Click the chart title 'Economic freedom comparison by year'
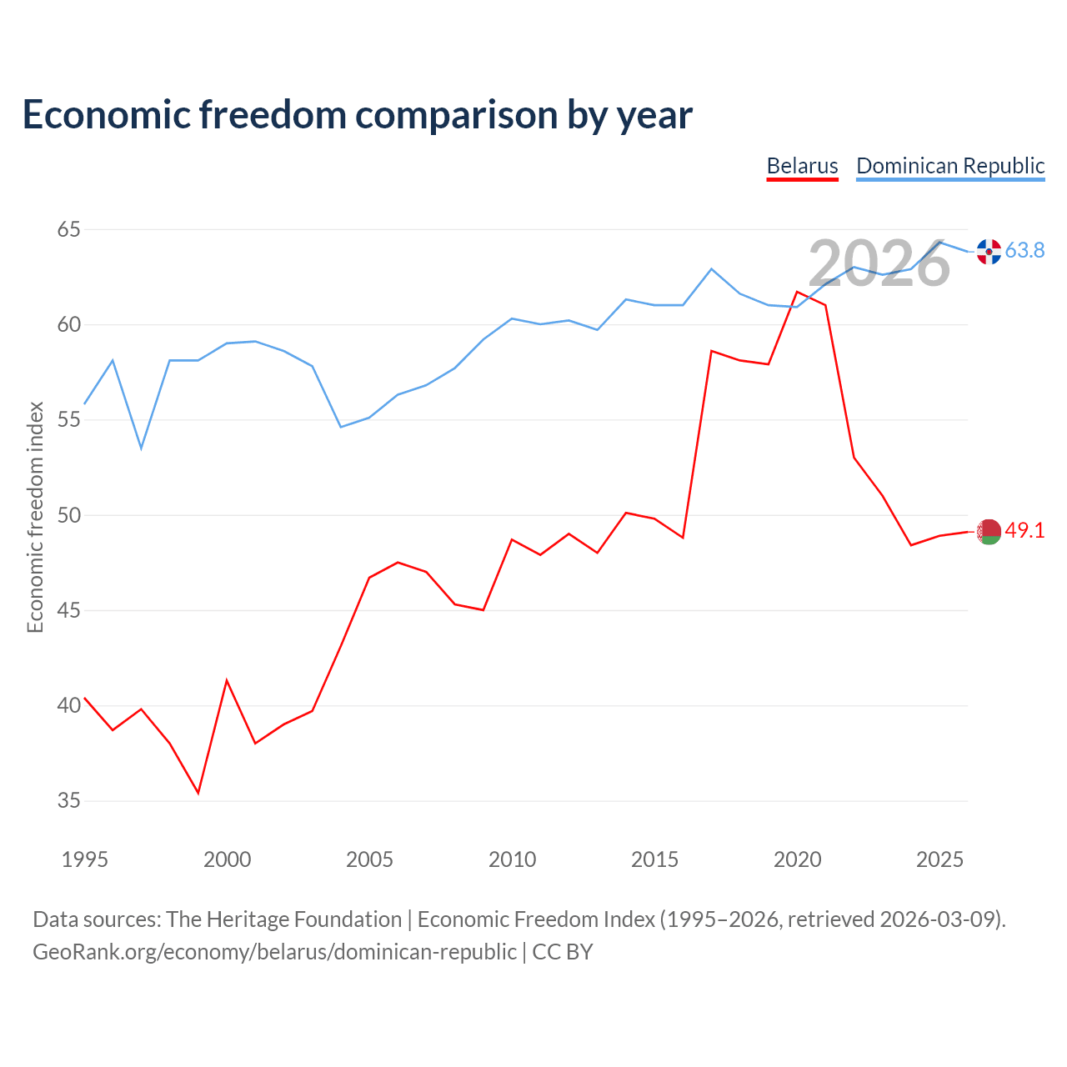click(357, 115)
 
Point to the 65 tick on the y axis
click(68, 229)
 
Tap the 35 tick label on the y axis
click(68, 800)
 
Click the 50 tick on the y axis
click(68, 515)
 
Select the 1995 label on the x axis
click(85, 859)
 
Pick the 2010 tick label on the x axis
click(512, 859)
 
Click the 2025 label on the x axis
click(939, 859)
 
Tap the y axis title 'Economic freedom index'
click(35, 517)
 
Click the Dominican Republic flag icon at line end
click(989, 252)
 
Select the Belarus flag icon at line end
click(989, 532)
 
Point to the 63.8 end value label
click(1025, 250)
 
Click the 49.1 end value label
click(1025, 530)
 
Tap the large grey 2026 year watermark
click(879, 263)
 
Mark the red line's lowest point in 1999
click(198, 793)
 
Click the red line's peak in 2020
click(798, 292)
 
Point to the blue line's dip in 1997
click(141, 448)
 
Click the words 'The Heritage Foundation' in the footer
click(284, 919)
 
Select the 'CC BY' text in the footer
click(563, 953)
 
